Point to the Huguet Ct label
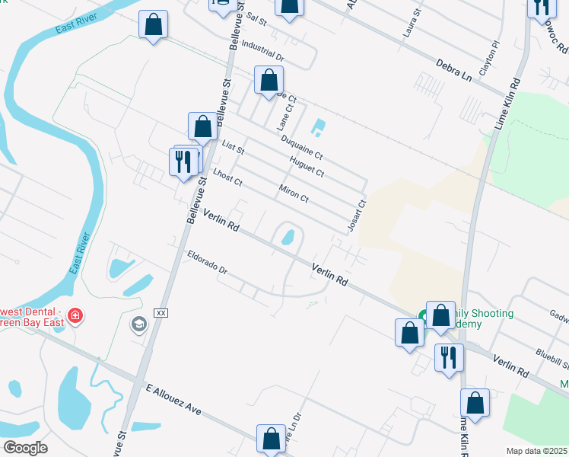[x=307, y=166]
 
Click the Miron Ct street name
[x=293, y=193]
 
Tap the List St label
[x=233, y=146]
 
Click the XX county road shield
[x=161, y=313]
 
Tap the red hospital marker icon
[x=75, y=315]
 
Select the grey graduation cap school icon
[x=138, y=325]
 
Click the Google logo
[x=24, y=448]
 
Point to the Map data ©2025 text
[x=536, y=451]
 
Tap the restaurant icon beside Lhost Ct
[x=183, y=161]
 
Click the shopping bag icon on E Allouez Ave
[x=271, y=439]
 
